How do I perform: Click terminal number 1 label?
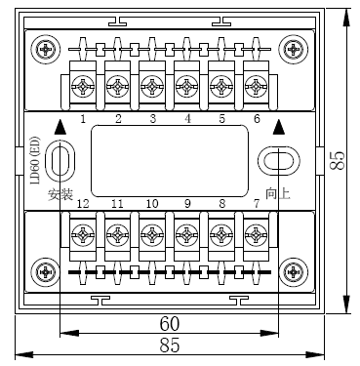click(83, 118)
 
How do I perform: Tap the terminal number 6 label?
click(257, 118)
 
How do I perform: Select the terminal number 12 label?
click(83, 203)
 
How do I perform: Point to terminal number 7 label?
click(257, 203)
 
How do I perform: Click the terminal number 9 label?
click(187, 203)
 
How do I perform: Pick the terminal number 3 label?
click(152, 118)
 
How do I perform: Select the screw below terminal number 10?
click(151, 235)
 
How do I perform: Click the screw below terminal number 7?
click(256, 235)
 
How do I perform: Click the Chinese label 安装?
click(60, 192)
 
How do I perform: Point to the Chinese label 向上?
click(278, 192)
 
